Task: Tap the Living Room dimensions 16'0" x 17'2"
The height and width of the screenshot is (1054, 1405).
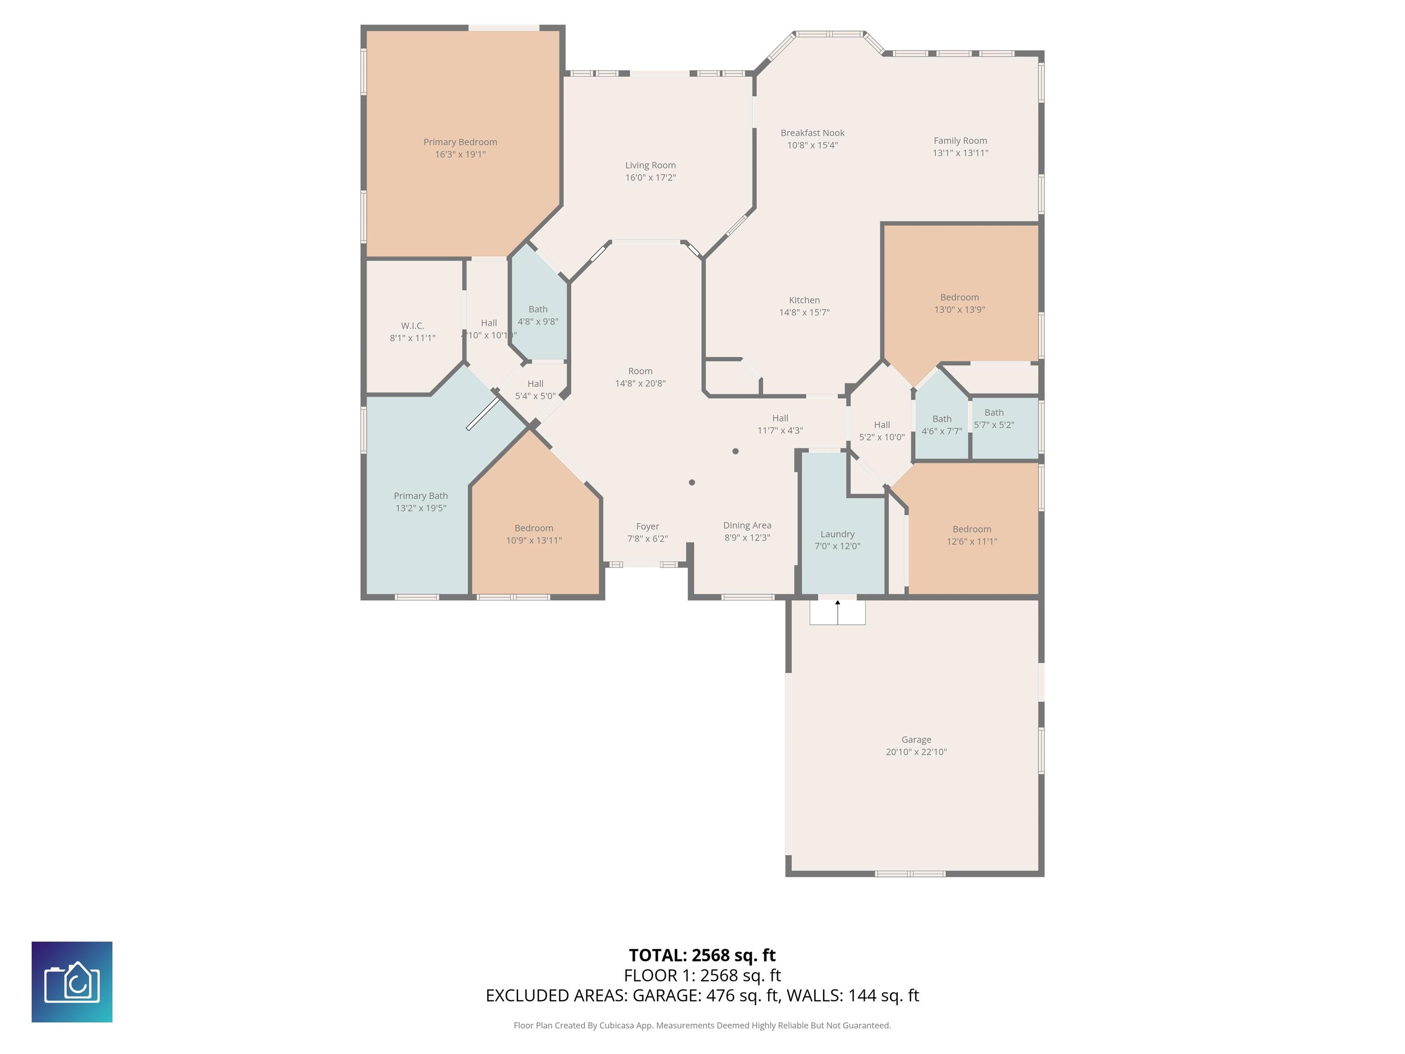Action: click(650, 177)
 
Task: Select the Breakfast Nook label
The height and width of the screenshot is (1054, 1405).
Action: click(812, 133)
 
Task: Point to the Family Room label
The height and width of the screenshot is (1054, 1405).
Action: click(960, 140)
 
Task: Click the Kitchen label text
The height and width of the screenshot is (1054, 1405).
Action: click(804, 300)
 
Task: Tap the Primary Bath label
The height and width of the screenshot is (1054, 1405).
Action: click(420, 495)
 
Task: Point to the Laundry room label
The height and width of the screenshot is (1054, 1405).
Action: click(837, 534)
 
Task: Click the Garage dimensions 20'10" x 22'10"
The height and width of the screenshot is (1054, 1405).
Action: click(916, 752)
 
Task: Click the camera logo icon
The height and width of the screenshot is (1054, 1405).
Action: click(72, 982)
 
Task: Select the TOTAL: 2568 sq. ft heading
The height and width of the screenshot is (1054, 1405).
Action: click(702, 955)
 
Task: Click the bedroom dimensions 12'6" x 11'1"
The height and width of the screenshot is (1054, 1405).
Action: click(972, 541)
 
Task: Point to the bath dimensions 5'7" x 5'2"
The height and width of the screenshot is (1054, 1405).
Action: click(994, 425)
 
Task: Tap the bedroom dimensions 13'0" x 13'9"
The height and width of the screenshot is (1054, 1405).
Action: click(959, 309)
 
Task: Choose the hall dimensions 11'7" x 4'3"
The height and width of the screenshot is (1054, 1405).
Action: click(780, 430)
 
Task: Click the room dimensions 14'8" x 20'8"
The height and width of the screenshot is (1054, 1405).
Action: click(640, 383)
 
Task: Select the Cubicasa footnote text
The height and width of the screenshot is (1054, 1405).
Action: click(702, 1025)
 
